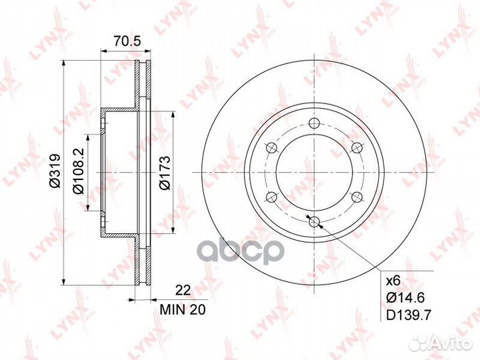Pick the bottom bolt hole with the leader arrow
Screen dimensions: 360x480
[x=313, y=221]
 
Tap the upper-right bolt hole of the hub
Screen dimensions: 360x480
[x=356, y=147]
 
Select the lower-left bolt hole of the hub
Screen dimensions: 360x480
[x=270, y=196]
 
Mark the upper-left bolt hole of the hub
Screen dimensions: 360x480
[x=270, y=147]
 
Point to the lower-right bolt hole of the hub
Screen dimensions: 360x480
[x=356, y=196]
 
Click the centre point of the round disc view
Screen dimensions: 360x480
[x=313, y=171]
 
